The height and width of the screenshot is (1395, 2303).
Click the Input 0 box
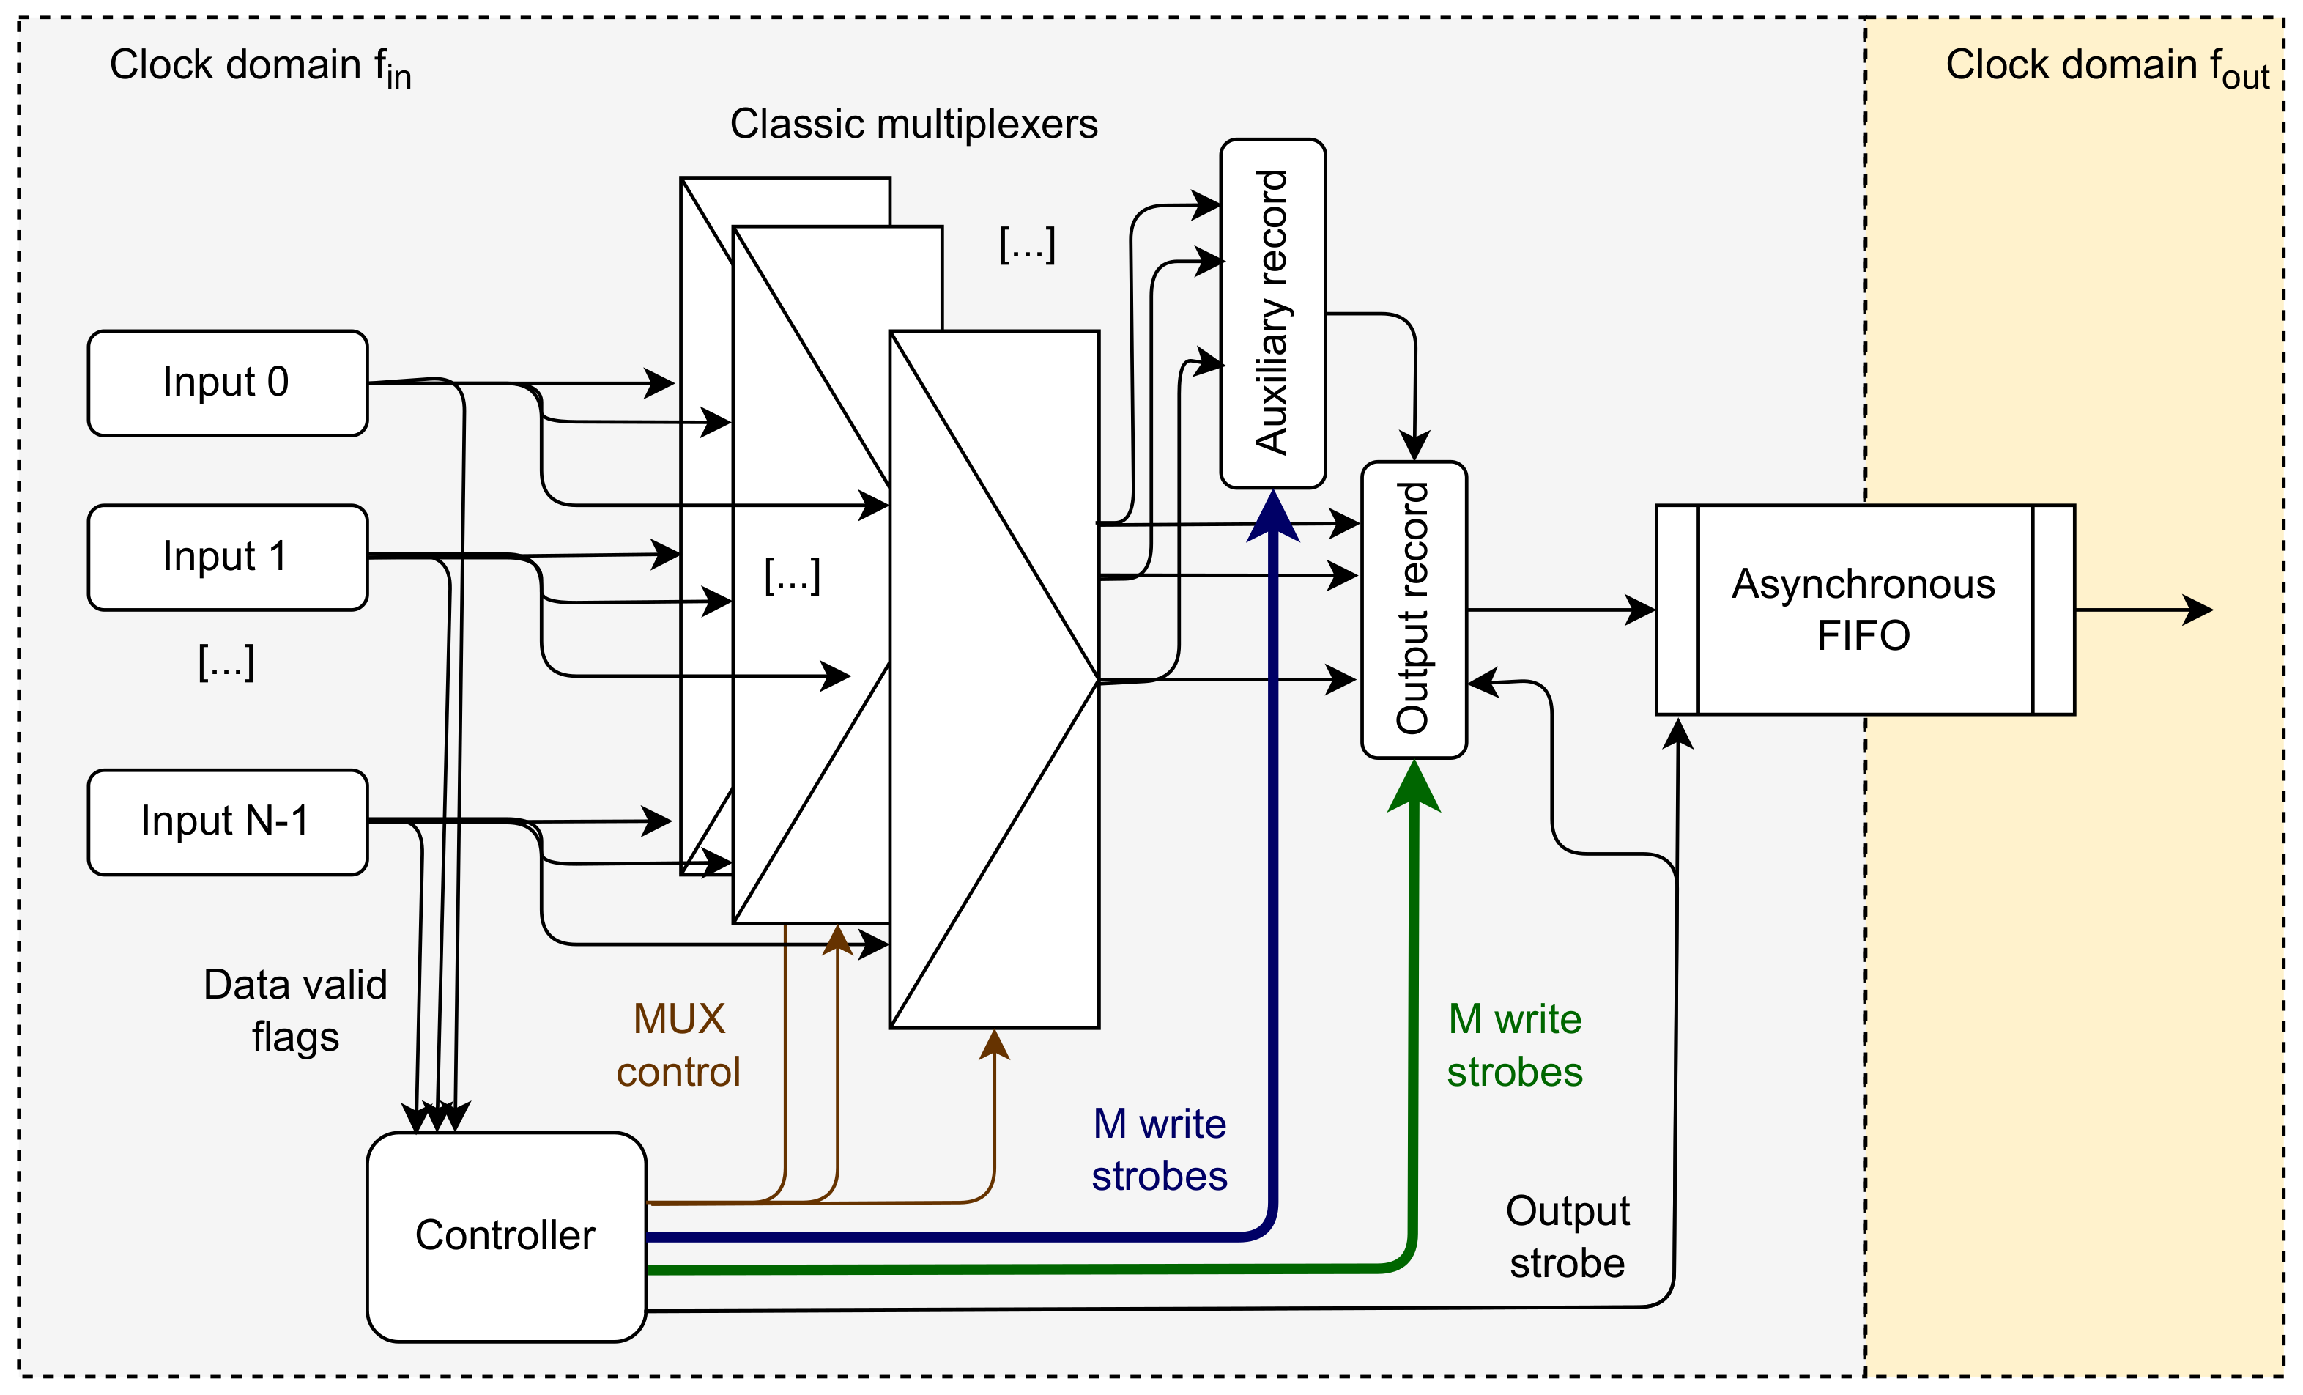click(x=227, y=383)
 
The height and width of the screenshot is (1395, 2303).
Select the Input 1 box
click(x=227, y=558)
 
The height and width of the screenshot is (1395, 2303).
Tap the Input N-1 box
click(x=227, y=822)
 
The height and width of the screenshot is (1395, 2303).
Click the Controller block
click(x=505, y=1236)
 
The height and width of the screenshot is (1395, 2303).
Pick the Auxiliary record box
click(x=1272, y=314)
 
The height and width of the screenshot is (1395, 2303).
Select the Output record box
click(x=1413, y=609)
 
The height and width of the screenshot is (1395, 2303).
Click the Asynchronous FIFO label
click(x=1863, y=610)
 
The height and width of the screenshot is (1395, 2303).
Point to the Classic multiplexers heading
click(x=913, y=125)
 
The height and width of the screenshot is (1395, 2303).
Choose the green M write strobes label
click(x=1514, y=1046)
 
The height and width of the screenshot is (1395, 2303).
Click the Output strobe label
click(x=1568, y=1236)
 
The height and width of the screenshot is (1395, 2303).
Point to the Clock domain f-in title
click(x=260, y=67)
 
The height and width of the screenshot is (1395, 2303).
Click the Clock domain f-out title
click(x=2107, y=67)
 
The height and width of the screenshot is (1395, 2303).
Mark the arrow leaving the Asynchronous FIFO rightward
click(x=2150, y=610)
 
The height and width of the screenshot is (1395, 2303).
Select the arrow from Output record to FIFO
click(x=1561, y=610)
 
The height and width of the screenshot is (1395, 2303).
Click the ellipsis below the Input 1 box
click(x=226, y=662)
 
